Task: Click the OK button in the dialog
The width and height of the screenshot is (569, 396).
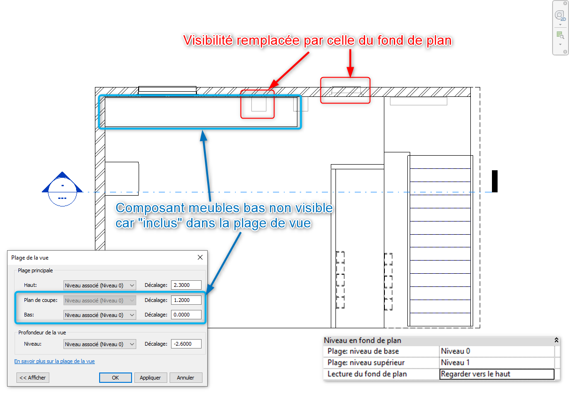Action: (x=115, y=378)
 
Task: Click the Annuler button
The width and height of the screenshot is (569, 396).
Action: (x=186, y=378)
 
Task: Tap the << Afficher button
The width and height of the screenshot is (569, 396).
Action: (x=33, y=378)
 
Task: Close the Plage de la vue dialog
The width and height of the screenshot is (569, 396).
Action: (x=200, y=257)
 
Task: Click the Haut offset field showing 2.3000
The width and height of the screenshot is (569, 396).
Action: (x=186, y=285)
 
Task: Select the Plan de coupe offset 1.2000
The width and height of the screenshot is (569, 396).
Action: (x=186, y=300)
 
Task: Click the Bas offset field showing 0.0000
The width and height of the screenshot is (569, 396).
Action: (x=186, y=315)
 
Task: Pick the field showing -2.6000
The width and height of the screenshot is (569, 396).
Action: (x=186, y=344)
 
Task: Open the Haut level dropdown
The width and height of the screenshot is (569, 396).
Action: (x=100, y=285)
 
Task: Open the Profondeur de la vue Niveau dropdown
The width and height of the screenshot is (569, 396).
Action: (x=100, y=344)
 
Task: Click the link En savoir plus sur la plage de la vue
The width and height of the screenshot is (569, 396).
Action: (x=55, y=361)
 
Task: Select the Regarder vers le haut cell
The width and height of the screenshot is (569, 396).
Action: (x=497, y=374)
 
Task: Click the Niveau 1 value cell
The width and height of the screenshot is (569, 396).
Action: (x=497, y=363)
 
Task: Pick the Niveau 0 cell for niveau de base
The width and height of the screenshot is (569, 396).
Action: (x=497, y=351)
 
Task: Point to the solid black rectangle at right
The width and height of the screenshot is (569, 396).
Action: (x=495, y=181)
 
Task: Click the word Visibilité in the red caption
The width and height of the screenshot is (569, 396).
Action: (x=208, y=40)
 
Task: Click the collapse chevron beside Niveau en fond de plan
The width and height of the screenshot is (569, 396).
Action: (x=556, y=340)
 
